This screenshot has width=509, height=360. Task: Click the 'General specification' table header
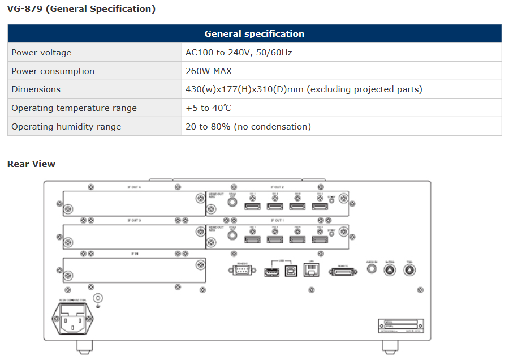pos(255,34)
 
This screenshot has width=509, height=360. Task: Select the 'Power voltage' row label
pos(41,53)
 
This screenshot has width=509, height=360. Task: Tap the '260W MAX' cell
pos(209,71)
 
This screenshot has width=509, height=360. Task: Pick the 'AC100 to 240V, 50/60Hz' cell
pos(239,53)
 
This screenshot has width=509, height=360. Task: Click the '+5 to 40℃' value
pos(208,108)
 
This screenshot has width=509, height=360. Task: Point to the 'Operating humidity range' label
pos(66,127)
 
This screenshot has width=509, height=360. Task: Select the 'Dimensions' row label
pos(36,89)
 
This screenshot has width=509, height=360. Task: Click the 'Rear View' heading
pos(31,164)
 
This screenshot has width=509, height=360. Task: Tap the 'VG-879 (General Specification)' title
pos(81,9)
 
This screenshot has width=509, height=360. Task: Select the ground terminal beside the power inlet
pos(98,298)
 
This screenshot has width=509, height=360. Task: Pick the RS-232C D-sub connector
pos(243,271)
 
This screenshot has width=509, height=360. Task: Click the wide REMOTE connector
pos(343,272)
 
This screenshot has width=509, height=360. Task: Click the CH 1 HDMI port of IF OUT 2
pos(252,207)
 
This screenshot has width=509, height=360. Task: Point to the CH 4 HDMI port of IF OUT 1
pos(319,239)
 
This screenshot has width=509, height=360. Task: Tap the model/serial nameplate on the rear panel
pos(400,325)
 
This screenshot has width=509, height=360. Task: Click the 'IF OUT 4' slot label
pos(133,186)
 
